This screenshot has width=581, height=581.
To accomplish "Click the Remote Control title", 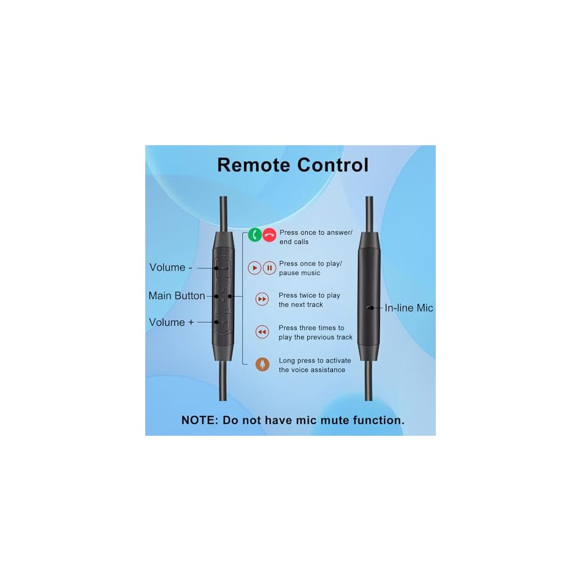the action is (x=293, y=165).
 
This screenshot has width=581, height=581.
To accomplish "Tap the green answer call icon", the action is (x=254, y=235).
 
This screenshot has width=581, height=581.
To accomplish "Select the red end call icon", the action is (x=269, y=235).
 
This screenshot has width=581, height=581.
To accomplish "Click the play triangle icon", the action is (x=254, y=268).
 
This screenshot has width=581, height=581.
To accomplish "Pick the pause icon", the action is (x=269, y=268).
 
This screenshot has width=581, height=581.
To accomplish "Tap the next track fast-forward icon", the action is (x=262, y=299).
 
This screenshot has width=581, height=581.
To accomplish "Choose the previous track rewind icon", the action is (x=262, y=332).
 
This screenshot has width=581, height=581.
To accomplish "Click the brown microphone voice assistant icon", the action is (x=263, y=364).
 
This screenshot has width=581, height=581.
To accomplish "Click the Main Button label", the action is (x=177, y=296).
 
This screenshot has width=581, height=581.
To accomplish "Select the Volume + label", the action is (x=171, y=322).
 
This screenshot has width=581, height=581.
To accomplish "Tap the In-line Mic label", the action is (x=409, y=308).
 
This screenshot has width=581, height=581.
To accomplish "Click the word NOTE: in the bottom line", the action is (x=200, y=420).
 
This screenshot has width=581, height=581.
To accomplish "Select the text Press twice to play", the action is (x=309, y=295).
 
